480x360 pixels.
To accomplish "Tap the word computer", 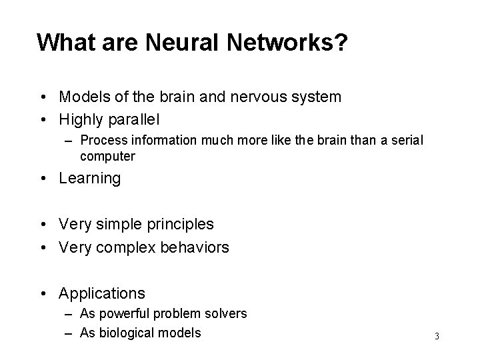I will (x=107, y=156).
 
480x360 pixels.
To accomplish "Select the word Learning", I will (x=90, y=179).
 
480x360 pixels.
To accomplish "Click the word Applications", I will (x=101, y=293).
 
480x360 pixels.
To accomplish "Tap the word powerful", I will (x=126, y=313).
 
